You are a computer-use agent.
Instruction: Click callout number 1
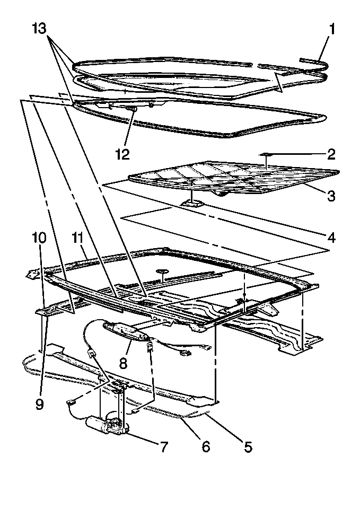point(332,29)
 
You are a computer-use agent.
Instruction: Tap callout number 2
point(331,154)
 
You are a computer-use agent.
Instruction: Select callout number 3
point(331,196)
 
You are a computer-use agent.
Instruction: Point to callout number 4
point(331,238)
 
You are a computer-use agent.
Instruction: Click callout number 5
point(248,447)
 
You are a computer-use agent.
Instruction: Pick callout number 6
point(206,447)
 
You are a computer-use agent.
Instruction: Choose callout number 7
point(164,447)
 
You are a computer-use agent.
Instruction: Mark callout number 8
point(123,363)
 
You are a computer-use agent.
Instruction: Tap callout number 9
point(39,405)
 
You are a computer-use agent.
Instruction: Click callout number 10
point(39,238)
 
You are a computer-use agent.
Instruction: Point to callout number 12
point(122,154)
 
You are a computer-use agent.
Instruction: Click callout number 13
point(39,29)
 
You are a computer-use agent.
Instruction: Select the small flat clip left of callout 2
point(266,154)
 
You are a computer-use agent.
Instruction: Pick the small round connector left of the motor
point(71,402)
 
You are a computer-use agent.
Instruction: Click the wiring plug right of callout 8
point(184,352)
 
